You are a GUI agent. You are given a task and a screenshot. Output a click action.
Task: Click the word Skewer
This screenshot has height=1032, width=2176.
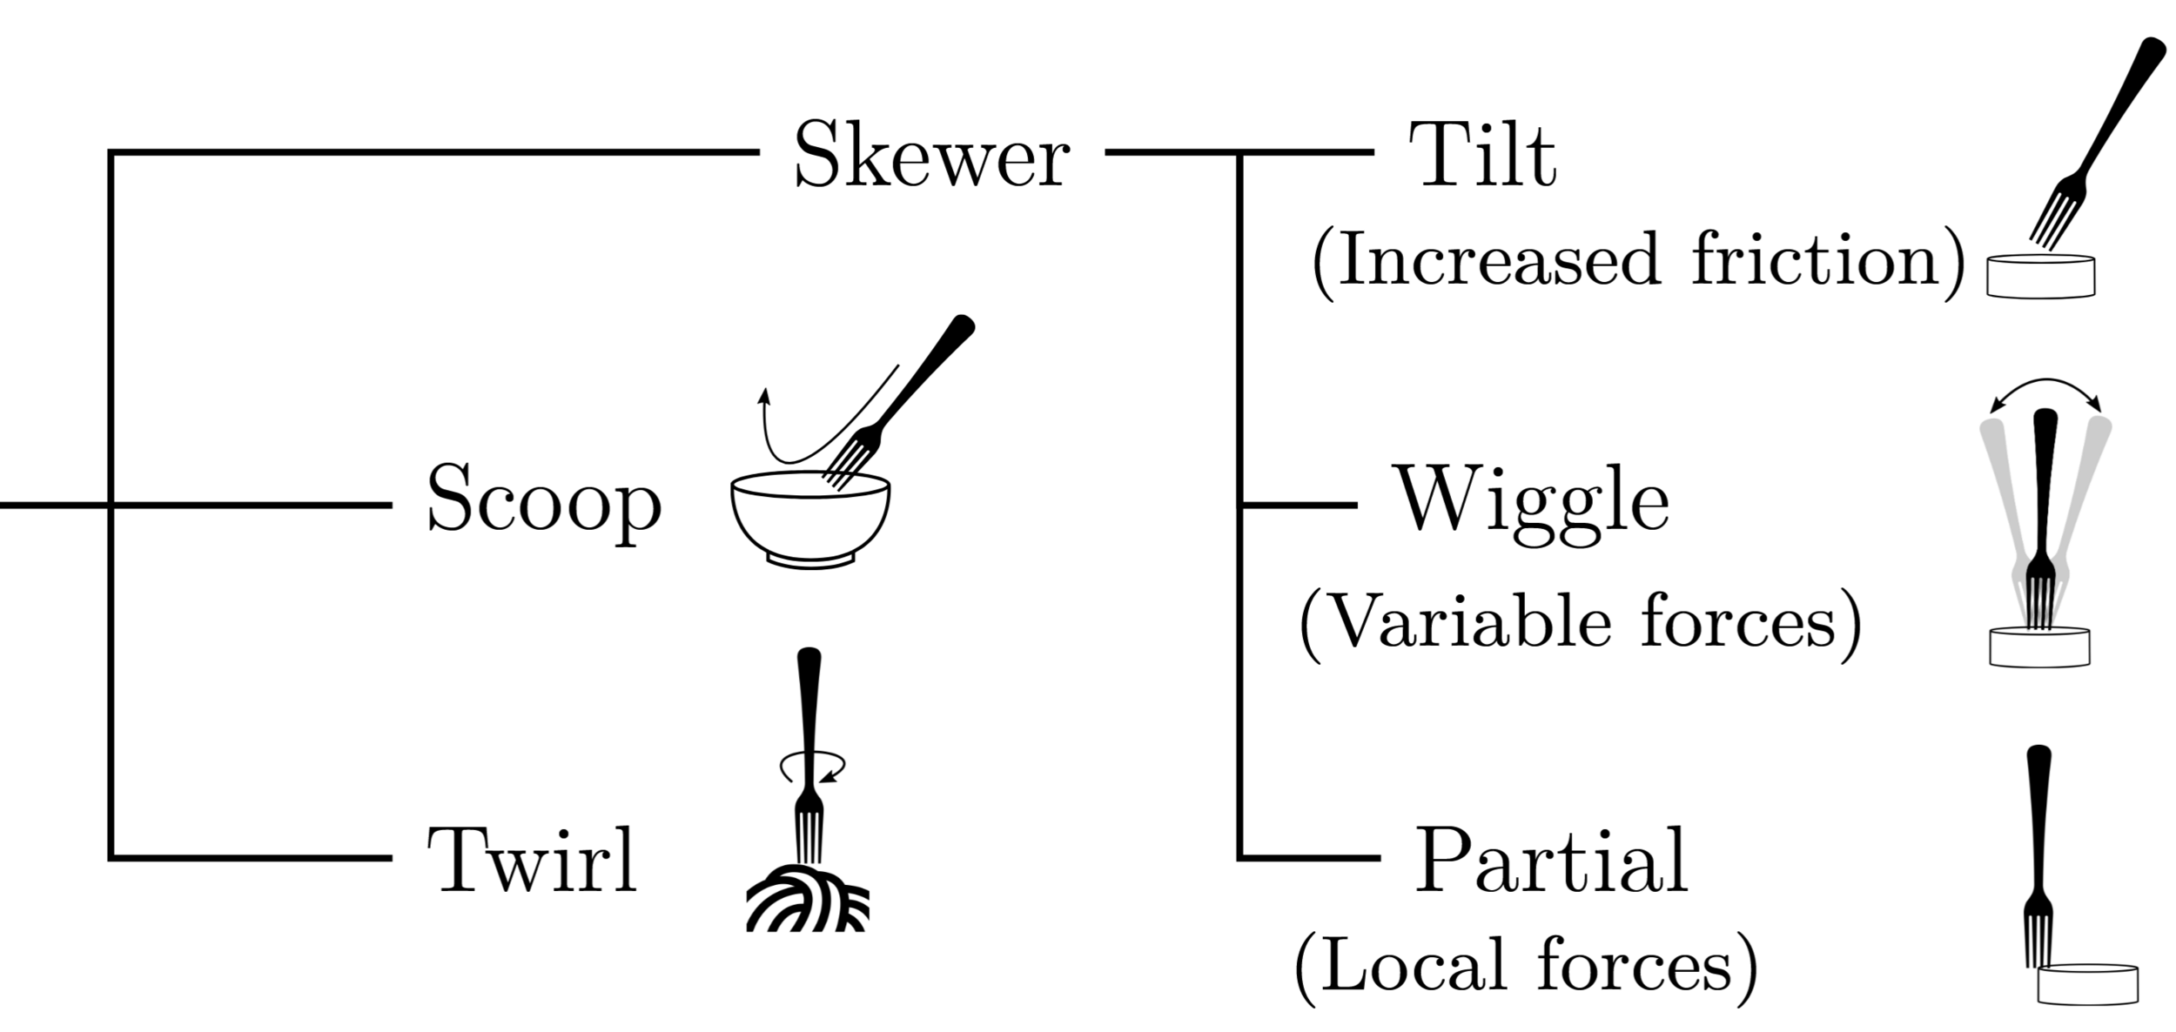coord(931,154)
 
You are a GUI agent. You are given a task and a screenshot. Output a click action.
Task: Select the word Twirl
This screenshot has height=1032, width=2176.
coord(533,860)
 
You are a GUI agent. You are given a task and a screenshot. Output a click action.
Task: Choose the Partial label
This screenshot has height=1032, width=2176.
coord(1551,860)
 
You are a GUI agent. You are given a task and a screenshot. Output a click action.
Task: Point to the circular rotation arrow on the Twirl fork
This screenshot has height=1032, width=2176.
coord(812,767)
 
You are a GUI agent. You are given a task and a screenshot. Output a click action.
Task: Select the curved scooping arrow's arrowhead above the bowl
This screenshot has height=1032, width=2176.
coord(764,395)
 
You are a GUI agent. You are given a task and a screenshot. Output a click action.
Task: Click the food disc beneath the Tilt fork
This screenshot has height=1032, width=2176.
coord(2040,276)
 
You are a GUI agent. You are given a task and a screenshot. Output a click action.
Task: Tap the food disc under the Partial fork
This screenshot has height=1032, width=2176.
coord(2087,983)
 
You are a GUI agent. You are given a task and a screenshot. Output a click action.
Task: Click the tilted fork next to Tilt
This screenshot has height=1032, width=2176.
coord(2098,139)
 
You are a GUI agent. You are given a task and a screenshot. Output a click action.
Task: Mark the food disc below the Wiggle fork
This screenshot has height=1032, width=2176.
coord(2039,647)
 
